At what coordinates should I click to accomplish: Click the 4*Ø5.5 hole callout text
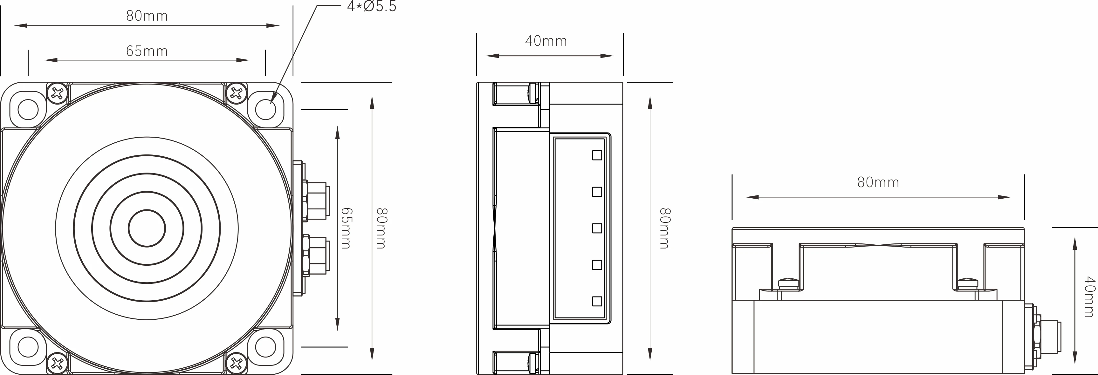click(371, 6)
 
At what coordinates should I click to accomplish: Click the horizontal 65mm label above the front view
click(147, 51)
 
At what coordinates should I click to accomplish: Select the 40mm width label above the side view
click(546, 41)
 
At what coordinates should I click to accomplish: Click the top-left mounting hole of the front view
click(28, 110)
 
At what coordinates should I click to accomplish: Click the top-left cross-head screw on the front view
click(57, 93)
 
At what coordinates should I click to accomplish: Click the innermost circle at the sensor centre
click(147, 228)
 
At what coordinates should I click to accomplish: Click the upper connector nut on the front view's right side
click(315, 200)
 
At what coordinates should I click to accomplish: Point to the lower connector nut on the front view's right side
click(315, 256)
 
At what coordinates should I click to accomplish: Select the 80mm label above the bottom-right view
click(878, 182)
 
